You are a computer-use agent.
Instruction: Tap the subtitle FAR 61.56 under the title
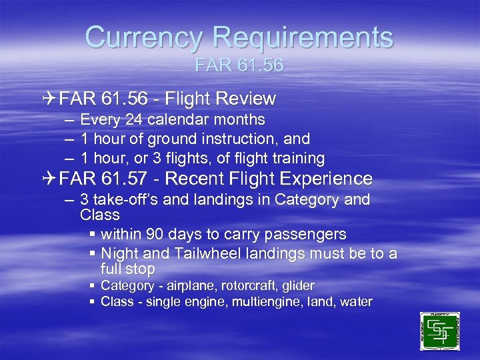click(239, 66)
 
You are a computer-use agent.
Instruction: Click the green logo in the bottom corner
click(440, 331)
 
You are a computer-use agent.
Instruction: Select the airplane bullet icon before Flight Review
click(49, 99)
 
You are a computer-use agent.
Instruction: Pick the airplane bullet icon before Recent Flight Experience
click(49, 179)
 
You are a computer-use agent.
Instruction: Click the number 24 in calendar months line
click(134, 120)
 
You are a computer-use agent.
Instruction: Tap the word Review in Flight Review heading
click(249, 99)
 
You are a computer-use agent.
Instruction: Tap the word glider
click(298, 286)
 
